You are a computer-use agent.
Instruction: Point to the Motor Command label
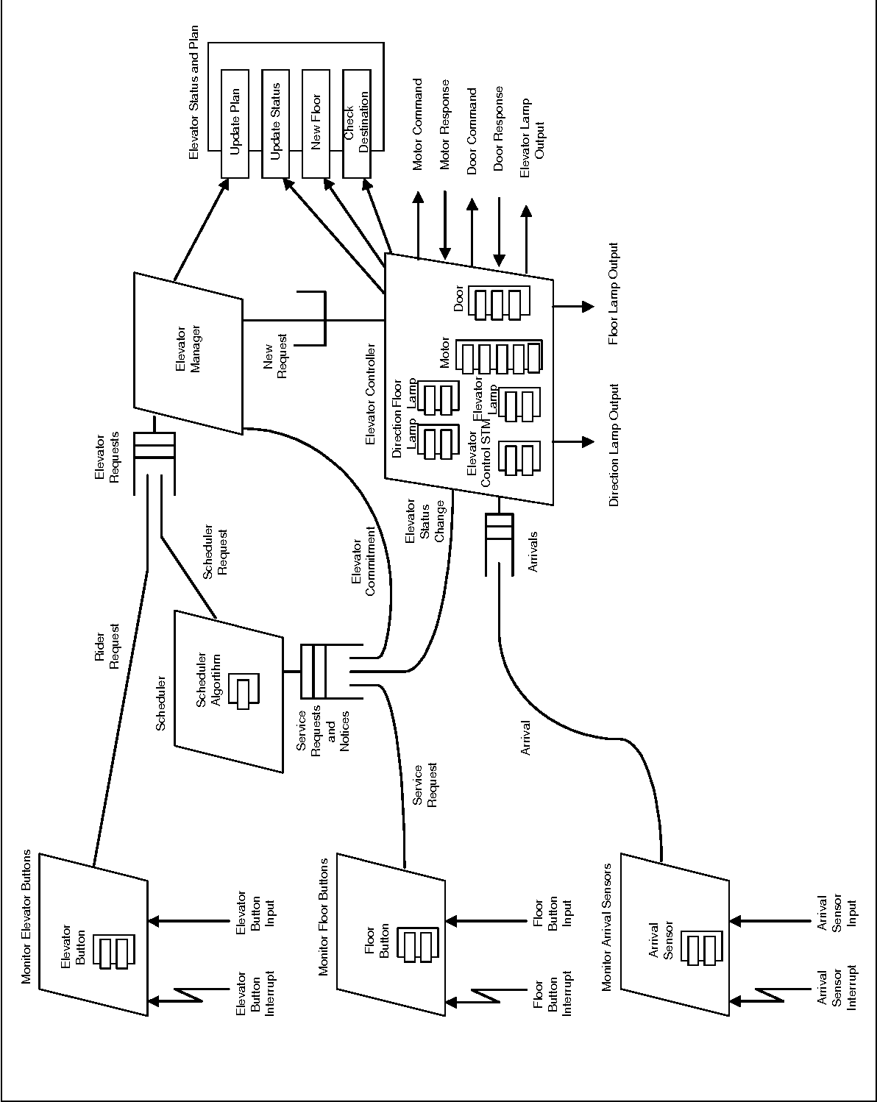point(418,124)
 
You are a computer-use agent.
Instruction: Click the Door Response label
point(499,129)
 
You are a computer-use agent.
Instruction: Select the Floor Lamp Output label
point(614,294)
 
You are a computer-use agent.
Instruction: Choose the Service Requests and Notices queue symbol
point(313,671)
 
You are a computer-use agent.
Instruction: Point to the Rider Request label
point(107,648)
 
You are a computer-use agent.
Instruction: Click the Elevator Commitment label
point(362,563)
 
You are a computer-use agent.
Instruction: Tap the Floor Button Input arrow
point(486,920)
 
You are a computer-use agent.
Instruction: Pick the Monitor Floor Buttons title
point(324,913)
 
